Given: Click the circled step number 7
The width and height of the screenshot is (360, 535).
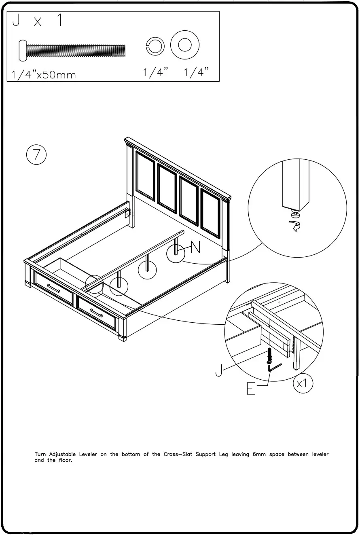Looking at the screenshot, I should pyautogui.click(x=36, y=155).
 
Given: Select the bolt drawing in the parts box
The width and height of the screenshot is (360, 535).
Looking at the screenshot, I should pyautogui.click(x=72, y=51).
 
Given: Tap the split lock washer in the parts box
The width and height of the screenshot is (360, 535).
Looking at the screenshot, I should pyautogui.click(x=155, y=47).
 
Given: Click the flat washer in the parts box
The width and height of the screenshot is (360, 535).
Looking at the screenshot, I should pyautogui.click(x=185, y=45).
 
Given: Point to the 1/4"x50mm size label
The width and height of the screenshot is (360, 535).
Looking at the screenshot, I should pyautogui.click(x=44, y=74).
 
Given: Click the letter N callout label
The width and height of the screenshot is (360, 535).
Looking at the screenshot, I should pyautogui.click(x=195, y=247).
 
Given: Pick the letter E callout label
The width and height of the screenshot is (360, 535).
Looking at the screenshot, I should pyautogui.click(x=251, y=389).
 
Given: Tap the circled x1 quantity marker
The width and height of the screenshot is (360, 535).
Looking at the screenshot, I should pyautogui.click(x=303, y=383).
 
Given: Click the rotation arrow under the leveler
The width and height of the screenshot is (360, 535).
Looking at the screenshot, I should pyautogui.click(x=295, y=227).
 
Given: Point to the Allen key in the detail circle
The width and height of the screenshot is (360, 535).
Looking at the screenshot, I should pyautogui.click(x=274, y=368).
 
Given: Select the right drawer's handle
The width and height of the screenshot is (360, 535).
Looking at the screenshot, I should pyautogui.click(x=96, y=313).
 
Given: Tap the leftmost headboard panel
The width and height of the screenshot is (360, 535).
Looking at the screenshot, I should pyautogui.click(x=146, y=176).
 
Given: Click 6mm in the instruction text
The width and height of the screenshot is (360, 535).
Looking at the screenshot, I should pyautogui.click(x=259, y=454).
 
